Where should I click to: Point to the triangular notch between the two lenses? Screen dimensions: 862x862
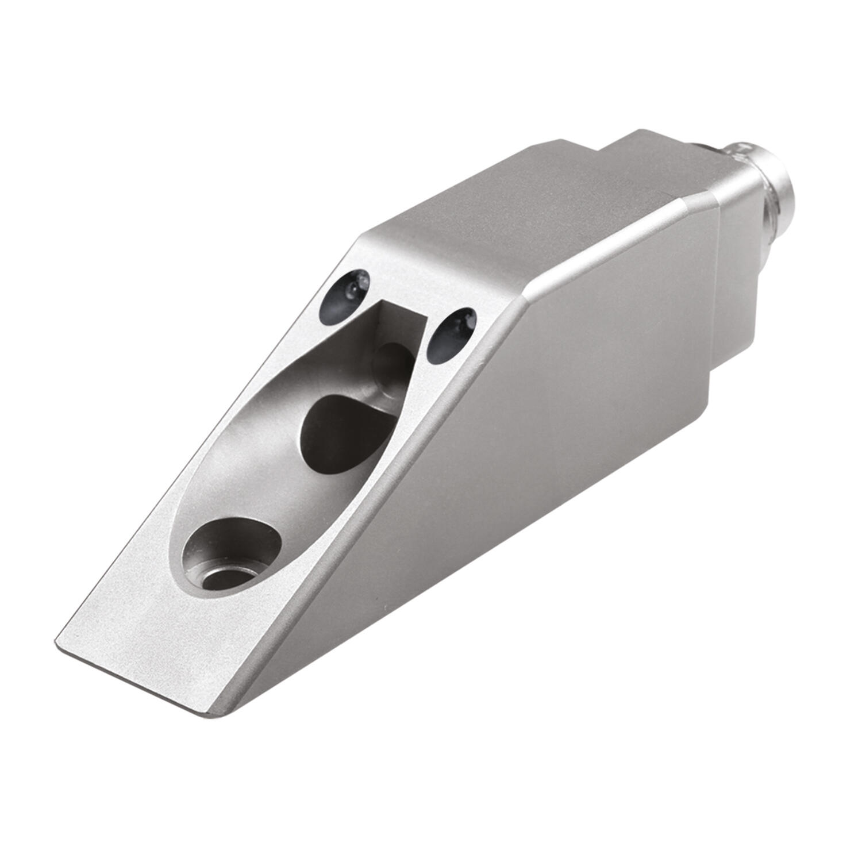pos(402,315)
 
